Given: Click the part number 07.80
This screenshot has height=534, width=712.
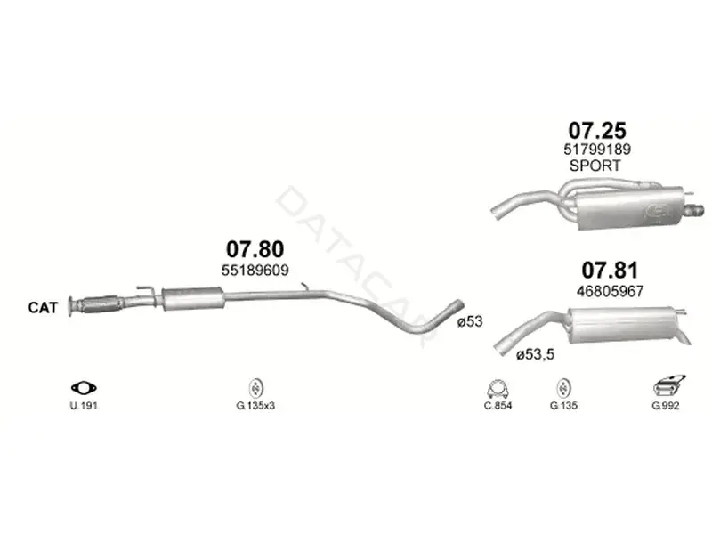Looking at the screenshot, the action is [x=255, y=249].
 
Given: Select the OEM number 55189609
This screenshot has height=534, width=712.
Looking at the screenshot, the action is [x=255, y=271].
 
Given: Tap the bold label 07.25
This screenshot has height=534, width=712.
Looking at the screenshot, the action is [x=597, y=130].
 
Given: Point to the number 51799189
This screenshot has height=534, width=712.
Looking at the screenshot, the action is [x=597, y=149].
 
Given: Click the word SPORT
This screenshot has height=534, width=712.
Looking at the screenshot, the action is [x=595, y=166].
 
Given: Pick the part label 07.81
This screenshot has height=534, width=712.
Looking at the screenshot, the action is [x=610, y=271].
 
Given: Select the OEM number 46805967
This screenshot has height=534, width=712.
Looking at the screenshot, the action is [x=610, y=291].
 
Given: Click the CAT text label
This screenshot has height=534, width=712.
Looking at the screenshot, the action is [x=43, y=307].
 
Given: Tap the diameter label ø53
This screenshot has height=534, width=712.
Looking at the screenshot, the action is [x=470, y=321].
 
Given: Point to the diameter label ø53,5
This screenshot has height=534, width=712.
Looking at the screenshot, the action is [x=535, y=354].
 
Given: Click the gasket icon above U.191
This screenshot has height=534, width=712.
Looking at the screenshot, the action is [x=84, y=388].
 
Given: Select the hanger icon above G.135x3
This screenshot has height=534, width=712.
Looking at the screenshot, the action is [x=256, y=388].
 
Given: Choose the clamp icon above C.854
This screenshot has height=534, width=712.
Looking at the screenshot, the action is [x=498, y=389].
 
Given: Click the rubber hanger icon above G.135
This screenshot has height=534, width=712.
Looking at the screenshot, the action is [x=563, y=388].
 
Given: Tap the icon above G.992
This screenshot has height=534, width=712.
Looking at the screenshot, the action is [x=668, y=386].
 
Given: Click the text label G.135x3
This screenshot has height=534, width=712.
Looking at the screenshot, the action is [x=255, y=406].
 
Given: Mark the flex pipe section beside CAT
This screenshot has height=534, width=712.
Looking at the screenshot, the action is [x=99, y=303].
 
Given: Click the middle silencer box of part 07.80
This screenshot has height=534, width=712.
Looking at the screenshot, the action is [x=193, y=299].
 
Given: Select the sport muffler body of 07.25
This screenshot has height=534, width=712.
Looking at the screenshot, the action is [x=631, y=209].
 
